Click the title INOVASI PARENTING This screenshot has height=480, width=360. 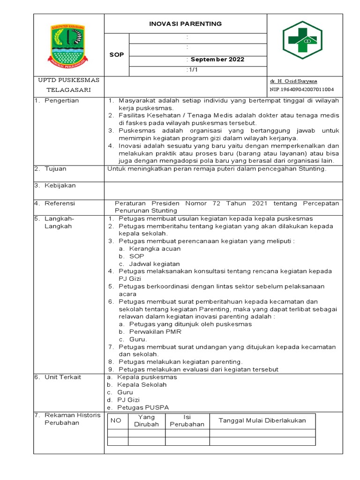click(185, 24)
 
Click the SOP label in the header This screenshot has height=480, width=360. click(117, 55)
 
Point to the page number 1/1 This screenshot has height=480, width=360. click(192, 70)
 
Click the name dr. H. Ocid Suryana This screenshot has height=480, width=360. click(293, 81)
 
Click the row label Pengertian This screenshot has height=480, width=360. click(61, 100)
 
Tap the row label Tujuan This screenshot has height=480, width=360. click(55, 169)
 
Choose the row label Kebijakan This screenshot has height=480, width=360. click(60, 186)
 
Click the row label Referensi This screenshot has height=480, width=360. click(60, 203)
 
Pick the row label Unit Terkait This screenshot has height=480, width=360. click(62, 377)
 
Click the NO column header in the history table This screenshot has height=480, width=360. click(116, 420)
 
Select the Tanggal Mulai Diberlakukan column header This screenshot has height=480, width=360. click(262, 420)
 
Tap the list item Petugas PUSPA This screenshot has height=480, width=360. click(143, 407)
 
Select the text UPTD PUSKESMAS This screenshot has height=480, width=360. click(69, 80)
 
